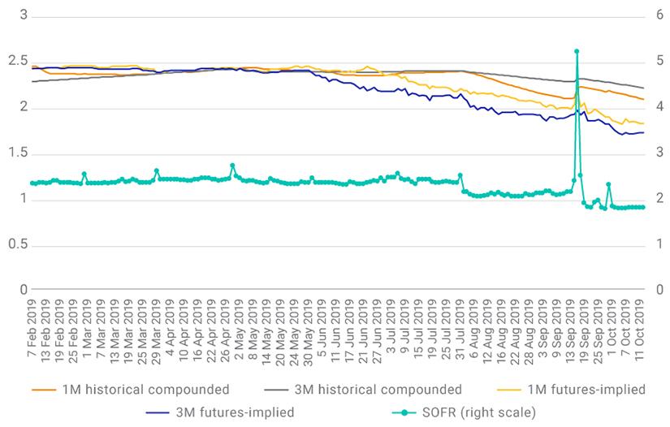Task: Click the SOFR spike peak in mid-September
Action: (x=577, y=51)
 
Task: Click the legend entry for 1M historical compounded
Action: (x=131, y=389)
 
